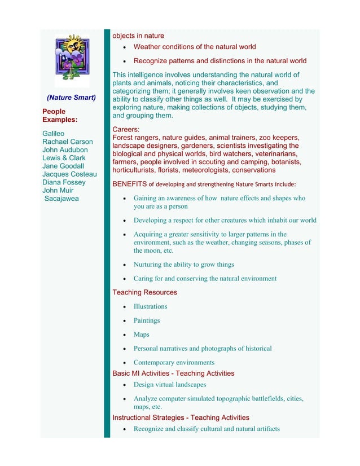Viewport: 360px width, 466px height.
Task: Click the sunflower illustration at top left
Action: point(72,60)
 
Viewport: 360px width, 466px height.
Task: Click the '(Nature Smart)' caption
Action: point(71,98)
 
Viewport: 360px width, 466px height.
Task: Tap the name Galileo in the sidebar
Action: point(54,134)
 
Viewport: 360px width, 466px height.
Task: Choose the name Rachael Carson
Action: point(67,142)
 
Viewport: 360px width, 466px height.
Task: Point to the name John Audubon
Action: point(65,150)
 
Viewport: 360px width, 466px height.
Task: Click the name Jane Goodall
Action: point(63,166)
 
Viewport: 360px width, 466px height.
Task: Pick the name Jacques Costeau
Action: point(69,174)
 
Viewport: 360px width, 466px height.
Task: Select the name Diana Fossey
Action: point(64,182)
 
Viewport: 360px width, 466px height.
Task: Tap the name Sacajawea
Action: point(62,199)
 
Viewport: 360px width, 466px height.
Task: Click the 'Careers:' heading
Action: point(126,129)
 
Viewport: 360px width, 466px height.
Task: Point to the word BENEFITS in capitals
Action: point(129,184)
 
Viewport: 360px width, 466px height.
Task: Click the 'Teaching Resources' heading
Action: point(144,292)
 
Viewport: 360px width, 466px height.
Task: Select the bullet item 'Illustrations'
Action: point(150,306)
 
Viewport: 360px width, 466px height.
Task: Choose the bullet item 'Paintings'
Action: point(146,320)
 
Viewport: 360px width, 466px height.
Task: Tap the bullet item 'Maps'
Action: point(141,335)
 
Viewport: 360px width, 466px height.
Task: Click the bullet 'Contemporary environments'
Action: point(174,363)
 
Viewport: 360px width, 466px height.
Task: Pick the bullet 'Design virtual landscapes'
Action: point(169,385)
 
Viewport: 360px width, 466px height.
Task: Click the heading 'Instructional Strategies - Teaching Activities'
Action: point(181,417)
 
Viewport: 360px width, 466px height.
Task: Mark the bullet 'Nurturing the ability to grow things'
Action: point(183,265)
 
